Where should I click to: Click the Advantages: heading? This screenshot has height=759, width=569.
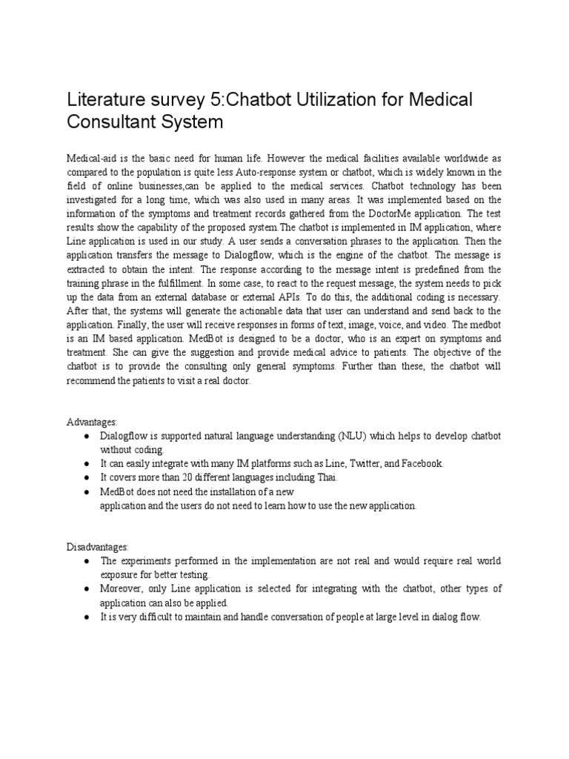pyautogui.click(x=92, y=422)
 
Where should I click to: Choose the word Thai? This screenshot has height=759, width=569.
pyautogui.click(x=325, y=477)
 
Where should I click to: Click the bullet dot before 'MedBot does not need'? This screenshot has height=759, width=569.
pyautogui.click(x=87, y=491)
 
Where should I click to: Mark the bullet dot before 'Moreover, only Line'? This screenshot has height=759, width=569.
pyautogui.click(x=87, y=589)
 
